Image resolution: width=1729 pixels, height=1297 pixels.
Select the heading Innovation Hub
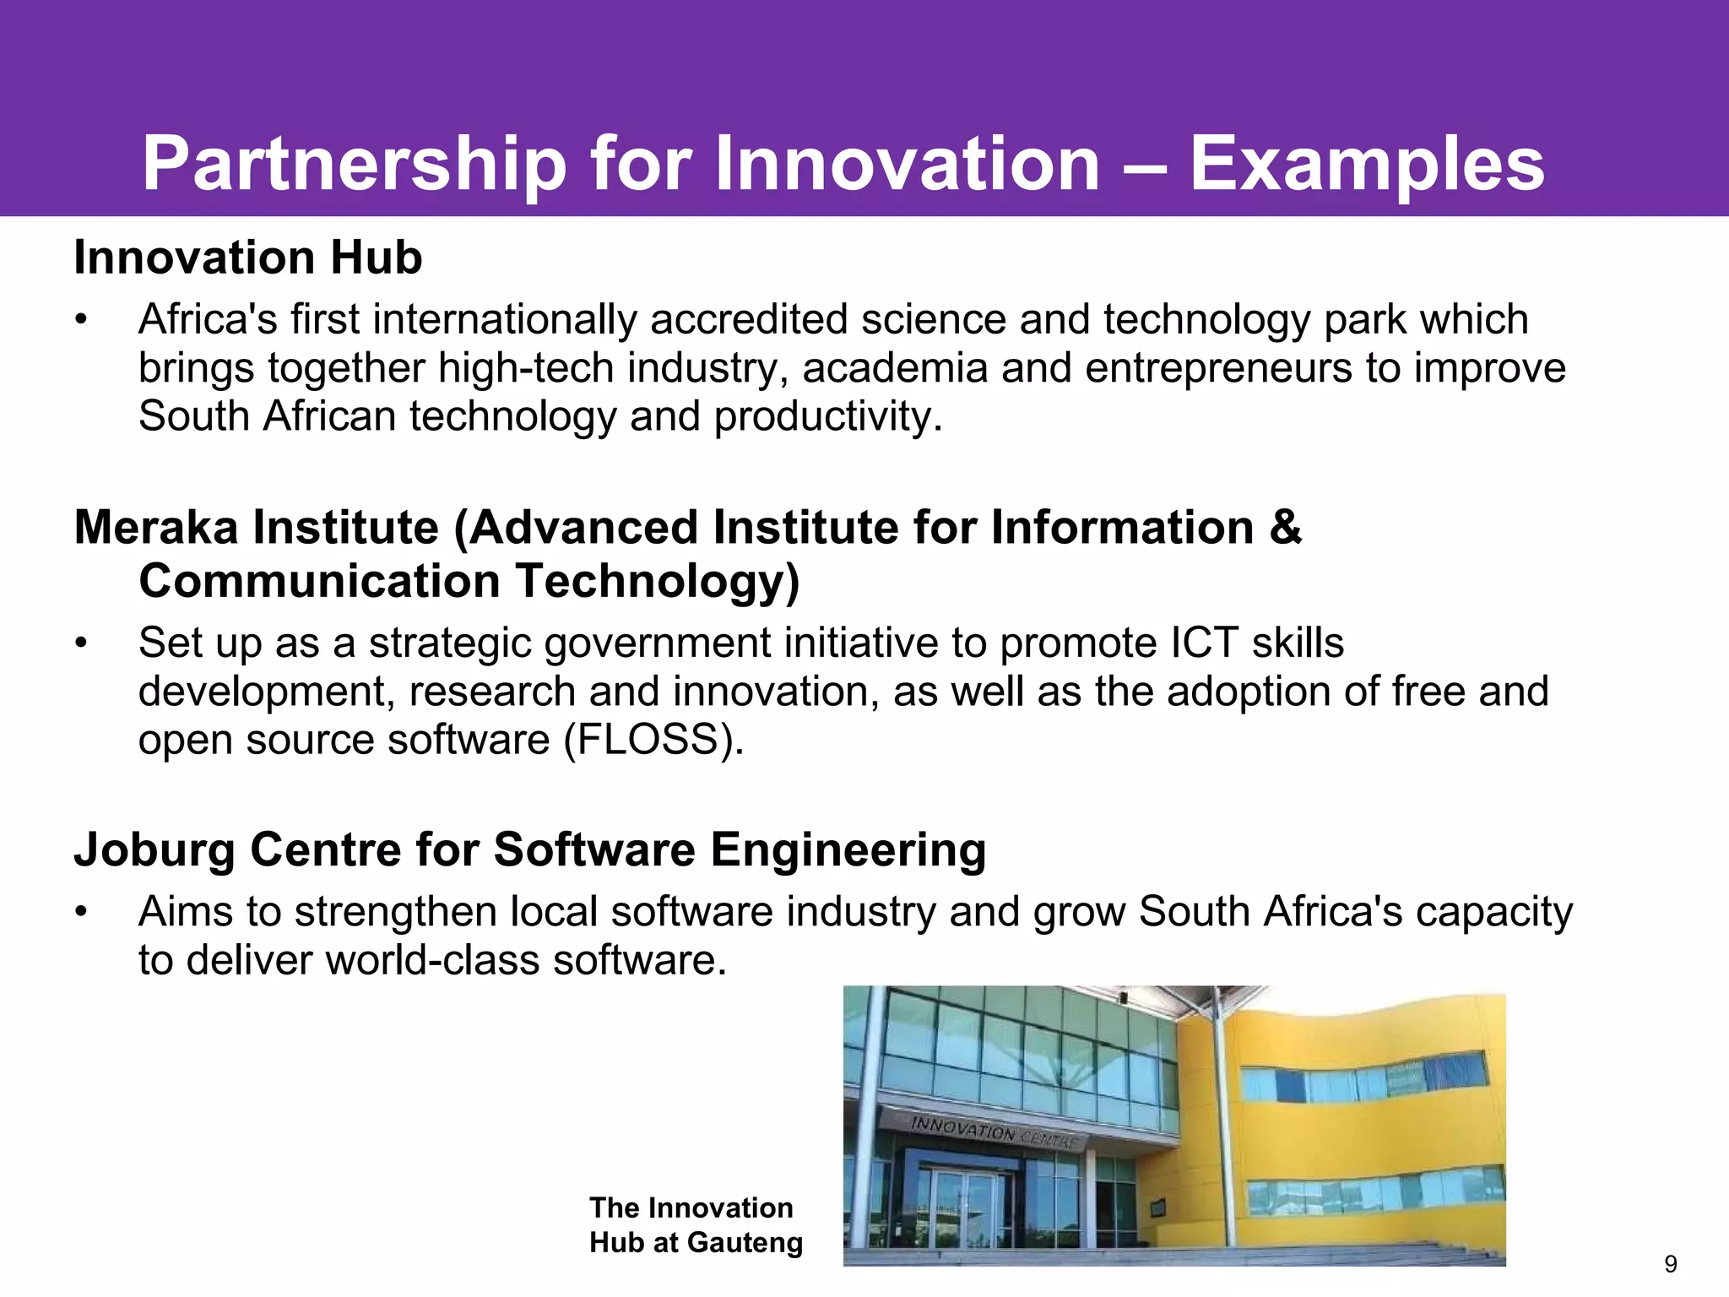[248, 258]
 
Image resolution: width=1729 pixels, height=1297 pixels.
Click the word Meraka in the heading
[160, 528]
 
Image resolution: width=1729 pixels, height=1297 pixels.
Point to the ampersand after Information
[1285, 528]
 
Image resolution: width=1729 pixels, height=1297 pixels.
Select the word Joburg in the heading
[154, 849]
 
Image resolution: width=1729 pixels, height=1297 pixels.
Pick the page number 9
[1671, 1264]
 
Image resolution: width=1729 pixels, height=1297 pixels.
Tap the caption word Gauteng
[745, 1242]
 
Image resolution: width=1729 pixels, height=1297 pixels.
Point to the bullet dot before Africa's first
[80, 320]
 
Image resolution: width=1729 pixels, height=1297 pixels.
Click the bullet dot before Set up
[80, 643]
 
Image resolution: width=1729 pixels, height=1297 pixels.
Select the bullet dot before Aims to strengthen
[80, 913]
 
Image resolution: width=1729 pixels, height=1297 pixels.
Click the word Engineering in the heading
[848, 849]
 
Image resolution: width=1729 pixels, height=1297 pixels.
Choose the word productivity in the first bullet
[827, 416]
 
